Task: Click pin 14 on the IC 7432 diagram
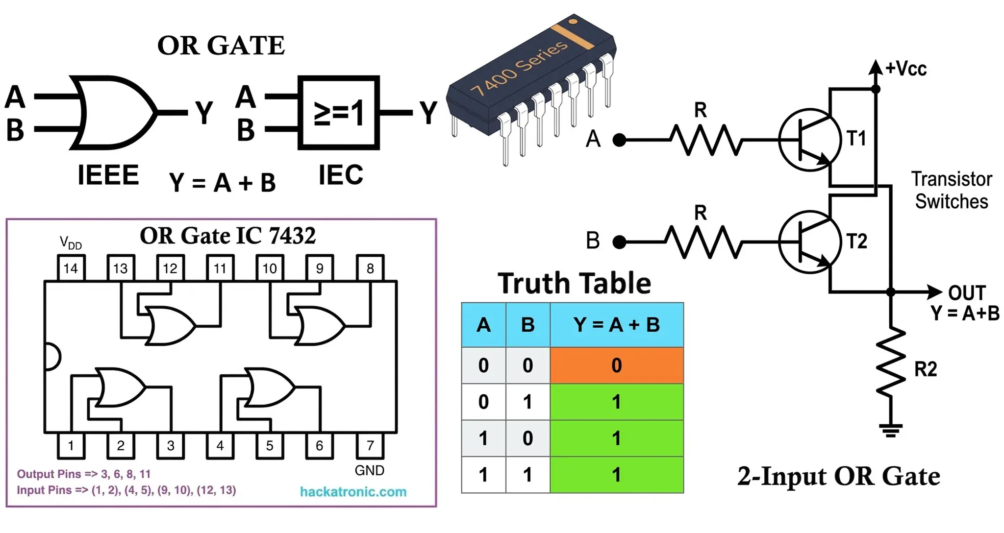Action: (x=71, y=267)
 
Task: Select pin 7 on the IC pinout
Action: (x=370, y=445)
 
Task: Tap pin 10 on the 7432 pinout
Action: (x=270, y=267)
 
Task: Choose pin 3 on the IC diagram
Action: (x=171, y=445)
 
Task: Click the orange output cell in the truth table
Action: (x=617, y=365)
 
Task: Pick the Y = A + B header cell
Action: (x=617, y=325)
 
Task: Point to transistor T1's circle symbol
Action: (x=810, y=140)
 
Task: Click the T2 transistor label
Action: (x=857, y=241)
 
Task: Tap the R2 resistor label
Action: (x=926, y=369)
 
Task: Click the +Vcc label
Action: (x=906, y=69)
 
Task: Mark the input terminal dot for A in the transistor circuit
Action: (x=620, y=140)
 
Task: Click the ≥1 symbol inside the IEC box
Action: (x=339, y=113)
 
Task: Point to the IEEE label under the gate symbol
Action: (x=108, y=175)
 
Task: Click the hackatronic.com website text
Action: (x=353, y=491)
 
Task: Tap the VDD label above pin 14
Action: (x=71, y=242)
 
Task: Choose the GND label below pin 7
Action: (x=370, y=470)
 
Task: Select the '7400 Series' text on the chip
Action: (x=519, y=67)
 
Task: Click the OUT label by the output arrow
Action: (x=967, y=293)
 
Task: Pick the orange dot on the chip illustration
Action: (x=573, y=21)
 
